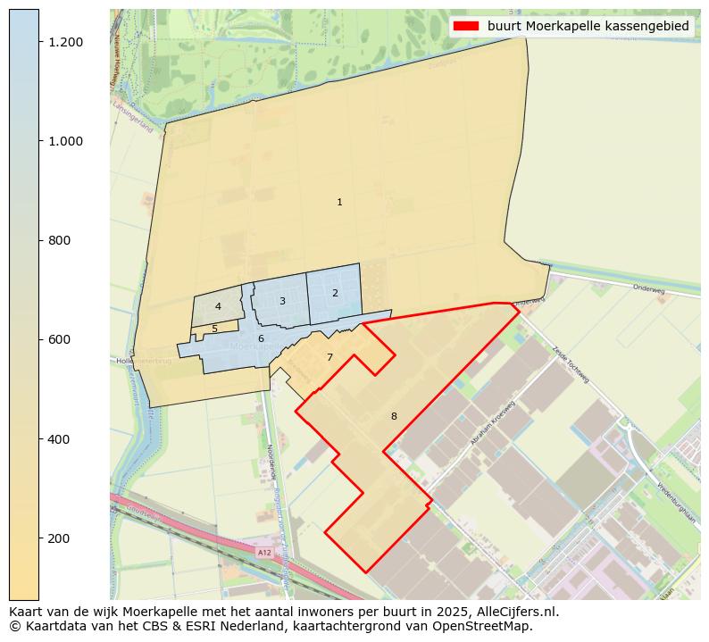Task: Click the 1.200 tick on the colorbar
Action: (x=65, y=42)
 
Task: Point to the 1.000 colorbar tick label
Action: (x=65, y=141)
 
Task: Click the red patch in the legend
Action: (x=466, y=26)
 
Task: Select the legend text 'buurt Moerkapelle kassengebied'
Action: (x=588, y=26)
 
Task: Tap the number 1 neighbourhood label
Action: (x=339, y=203)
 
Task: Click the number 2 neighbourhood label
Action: (x=335, y=293)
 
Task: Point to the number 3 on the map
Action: (x=282, y=301)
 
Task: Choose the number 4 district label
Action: (x=218, y=307)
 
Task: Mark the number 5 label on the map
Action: (x=214, y=329)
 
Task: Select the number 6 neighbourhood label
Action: (x=261, y=338)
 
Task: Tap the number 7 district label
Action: (x=329, y=357)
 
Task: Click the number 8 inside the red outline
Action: (x=394, y=416)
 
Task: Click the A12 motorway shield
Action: (x=264, y=553)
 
